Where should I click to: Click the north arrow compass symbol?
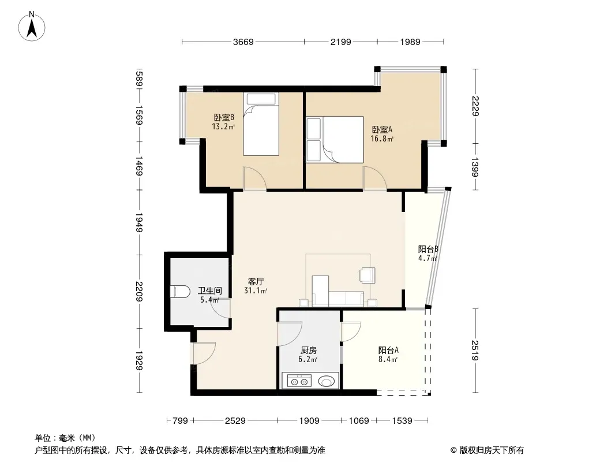(x=32, y=27)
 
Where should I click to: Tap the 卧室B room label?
(x=224, y=117)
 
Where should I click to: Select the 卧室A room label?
(x=382, y=129)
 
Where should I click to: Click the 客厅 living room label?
(x=256, y=281)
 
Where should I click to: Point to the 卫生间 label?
(x=210, y=290)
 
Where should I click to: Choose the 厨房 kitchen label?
(x=309, y=350)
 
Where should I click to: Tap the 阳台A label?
(x=388, y=350)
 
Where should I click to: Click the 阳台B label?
(x=428, y=249)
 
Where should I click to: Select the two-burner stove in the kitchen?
(x=299, y=381)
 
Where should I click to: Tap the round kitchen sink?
(x=327, y=381)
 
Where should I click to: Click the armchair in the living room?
(x=367, y=275)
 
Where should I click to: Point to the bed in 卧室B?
(x=261, y=124)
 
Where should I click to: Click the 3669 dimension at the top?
(x=243, y=42)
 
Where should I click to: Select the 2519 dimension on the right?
(x=475, y=351)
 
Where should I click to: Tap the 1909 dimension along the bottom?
(x=309, y=421)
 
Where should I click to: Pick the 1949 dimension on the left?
(x=139, y=222)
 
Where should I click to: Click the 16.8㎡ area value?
(x=382, y=139)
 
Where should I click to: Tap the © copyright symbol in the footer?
(x=453, y=450)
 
